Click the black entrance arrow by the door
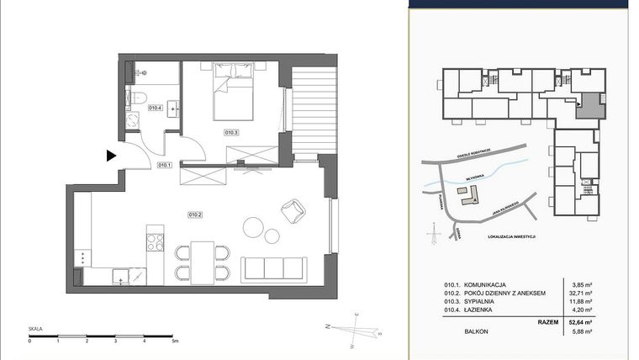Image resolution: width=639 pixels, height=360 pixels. tap(110, 155)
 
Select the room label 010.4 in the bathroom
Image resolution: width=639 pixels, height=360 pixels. tap(155, 108)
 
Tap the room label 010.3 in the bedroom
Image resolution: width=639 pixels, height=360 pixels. tap(231, 132)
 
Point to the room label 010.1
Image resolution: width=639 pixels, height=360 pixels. tap(165, 165)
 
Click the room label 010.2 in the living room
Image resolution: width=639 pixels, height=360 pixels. tap(195, 214)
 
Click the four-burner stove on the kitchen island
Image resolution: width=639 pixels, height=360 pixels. tap(156, 242)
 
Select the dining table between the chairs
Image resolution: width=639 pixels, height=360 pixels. tap(202, 261)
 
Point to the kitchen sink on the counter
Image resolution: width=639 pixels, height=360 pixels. tap(123, 275)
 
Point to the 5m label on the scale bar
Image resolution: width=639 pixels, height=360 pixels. tap(174, 341)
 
